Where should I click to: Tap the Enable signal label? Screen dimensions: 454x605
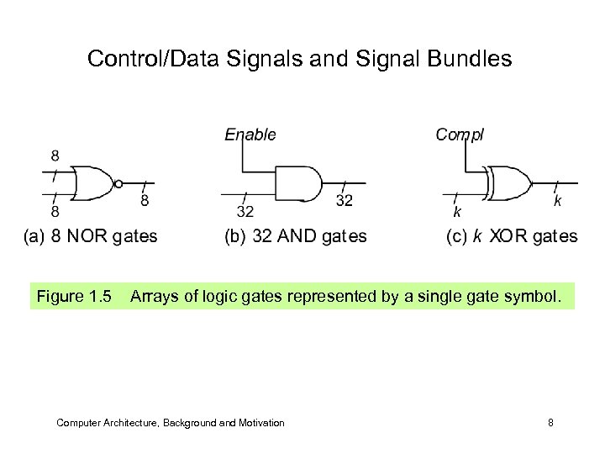(x=250, y=134)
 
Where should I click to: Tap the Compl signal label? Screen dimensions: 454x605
(x=459, y=134)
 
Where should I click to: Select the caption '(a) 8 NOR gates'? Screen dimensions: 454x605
(x=90, y=236)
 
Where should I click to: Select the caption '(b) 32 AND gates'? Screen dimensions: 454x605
(x=295, y=236)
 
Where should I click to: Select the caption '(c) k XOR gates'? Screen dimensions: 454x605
(x=512, y=236)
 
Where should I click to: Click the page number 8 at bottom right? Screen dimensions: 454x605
(x=550, y=423)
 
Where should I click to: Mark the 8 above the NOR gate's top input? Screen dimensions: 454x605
(x=55, y=156)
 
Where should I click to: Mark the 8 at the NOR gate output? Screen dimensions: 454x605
(x=145, y=202)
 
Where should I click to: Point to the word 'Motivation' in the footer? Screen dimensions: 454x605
(x=260, y=423)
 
